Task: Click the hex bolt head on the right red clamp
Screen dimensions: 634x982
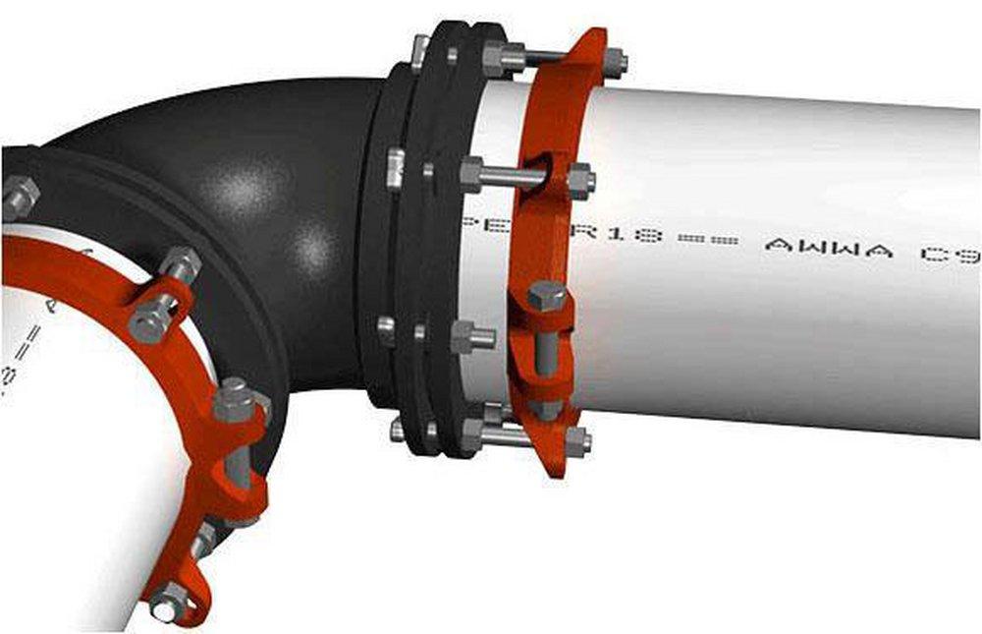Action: click(x=546, y=295)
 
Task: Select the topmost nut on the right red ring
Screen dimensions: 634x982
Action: click(x=616, y=62)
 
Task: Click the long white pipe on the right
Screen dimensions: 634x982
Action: click(x=786, y=324)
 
